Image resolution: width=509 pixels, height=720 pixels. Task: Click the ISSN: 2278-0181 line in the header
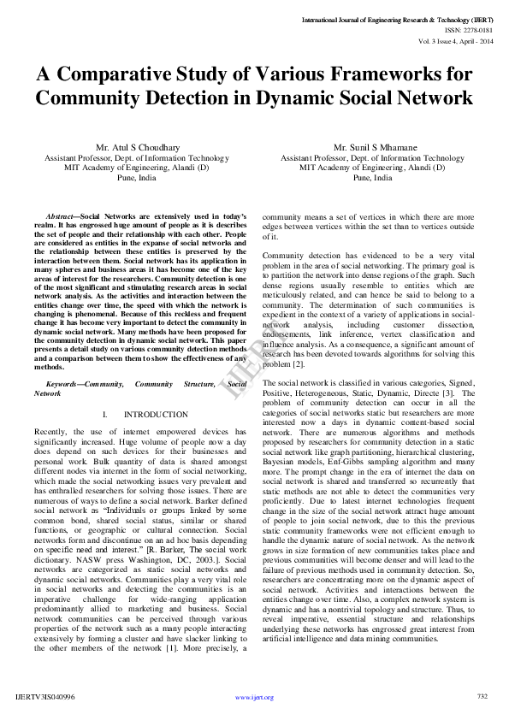coord(468,28)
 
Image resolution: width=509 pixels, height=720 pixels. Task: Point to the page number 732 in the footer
coord(482,696)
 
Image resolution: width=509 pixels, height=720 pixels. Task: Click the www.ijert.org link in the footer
coord(254,697)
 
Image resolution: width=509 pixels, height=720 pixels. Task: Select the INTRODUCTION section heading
coord(156,415)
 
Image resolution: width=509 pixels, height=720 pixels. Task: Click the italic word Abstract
coord(61,216)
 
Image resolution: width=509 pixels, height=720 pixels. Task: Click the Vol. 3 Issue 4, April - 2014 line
coord(453,39)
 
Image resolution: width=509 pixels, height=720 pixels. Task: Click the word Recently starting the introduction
coord(51,431)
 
